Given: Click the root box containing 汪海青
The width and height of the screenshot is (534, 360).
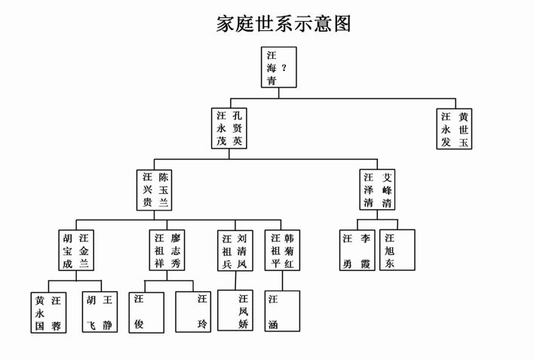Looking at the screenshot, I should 279,68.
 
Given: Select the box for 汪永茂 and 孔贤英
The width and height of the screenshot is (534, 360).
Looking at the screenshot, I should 229,128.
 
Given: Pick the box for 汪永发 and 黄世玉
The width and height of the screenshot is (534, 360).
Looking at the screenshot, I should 455,129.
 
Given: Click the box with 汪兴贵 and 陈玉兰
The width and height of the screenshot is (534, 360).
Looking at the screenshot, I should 155,189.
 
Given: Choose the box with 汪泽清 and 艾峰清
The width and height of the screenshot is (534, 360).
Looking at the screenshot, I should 376,189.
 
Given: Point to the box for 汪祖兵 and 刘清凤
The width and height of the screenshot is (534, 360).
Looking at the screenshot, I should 235,251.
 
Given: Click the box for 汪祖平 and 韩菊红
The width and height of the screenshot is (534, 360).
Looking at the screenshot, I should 284,251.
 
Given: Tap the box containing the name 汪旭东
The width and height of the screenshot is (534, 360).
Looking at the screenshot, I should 397,251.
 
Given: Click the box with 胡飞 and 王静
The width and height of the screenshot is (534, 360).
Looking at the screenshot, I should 100,312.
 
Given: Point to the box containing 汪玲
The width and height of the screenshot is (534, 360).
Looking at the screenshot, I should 194,312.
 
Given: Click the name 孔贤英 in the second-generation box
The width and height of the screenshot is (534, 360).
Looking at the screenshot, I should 238,128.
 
